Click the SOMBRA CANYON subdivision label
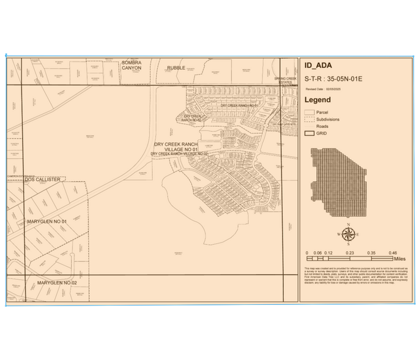131,66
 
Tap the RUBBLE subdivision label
176,68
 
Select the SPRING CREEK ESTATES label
284,80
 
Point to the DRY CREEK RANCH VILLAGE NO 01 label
176,146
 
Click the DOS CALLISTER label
43,179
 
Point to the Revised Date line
325,89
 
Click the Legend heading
317,100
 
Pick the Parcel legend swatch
310,113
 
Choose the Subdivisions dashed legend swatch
310,119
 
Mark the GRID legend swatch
310,132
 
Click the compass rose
347,234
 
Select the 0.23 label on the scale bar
350,252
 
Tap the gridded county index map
340,182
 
